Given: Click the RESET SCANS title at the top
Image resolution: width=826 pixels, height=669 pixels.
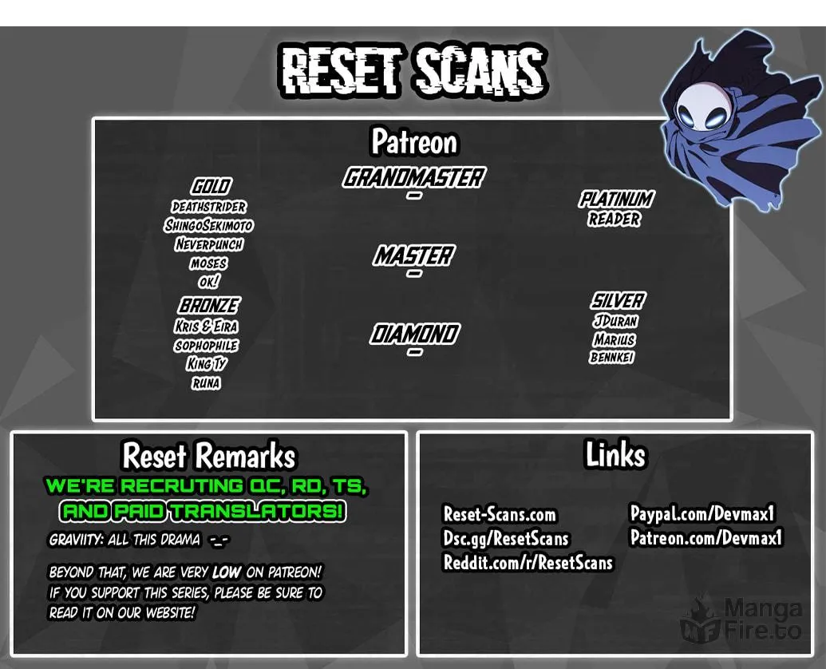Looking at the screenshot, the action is pos(413,71).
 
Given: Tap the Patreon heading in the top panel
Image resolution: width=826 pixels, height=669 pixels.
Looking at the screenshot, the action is pos(414,141).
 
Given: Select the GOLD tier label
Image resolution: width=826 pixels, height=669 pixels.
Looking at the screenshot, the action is pos(210,186).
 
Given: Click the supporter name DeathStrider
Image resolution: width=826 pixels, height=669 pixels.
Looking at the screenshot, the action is pos(208,207).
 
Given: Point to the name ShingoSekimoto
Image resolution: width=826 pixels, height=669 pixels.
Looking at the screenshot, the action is pos(208,225).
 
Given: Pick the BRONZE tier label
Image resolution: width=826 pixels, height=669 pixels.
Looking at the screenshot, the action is pos(208,306).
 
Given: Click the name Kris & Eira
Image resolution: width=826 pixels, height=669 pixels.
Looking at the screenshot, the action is pos(206,327).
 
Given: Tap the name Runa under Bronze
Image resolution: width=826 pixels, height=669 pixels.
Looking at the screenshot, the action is pos(206,383).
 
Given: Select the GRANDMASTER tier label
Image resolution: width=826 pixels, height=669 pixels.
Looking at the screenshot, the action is pos(414,177).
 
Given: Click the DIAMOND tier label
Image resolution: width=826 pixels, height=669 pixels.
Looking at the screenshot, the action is pos(414,334).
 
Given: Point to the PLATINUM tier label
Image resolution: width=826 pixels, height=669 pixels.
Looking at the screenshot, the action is pos(616,199).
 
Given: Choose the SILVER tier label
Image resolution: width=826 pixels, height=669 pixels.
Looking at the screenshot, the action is pos(617,301).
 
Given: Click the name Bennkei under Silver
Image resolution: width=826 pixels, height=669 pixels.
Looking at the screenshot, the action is pos(612,357).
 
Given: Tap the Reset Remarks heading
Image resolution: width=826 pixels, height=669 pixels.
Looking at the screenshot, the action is pos(208,456).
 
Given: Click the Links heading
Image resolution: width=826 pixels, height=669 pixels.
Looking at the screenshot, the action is pos(615,454).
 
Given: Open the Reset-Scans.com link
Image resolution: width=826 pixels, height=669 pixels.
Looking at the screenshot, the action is pos(500,514).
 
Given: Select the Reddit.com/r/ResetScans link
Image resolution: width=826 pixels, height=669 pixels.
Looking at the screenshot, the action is pos(528,563).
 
